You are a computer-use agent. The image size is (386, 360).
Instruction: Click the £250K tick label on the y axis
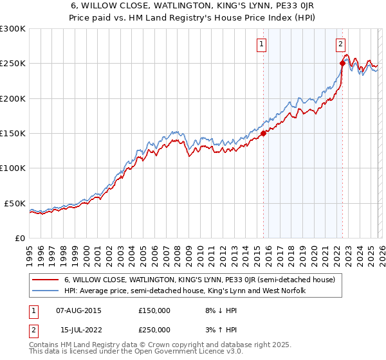click(13, 64)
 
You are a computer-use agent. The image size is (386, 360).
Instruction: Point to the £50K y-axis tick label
click(15, 203)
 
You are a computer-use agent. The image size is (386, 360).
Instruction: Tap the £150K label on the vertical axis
click(13, 133)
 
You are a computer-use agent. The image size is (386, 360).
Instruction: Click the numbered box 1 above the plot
click(262, 44)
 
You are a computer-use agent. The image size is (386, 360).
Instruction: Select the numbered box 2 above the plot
click(340, 44)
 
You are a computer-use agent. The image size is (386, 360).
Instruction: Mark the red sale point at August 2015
click(263, 134)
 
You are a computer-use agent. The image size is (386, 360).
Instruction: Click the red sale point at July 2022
click(342, 64)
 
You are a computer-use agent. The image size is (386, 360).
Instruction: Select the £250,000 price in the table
click(154, 330)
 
